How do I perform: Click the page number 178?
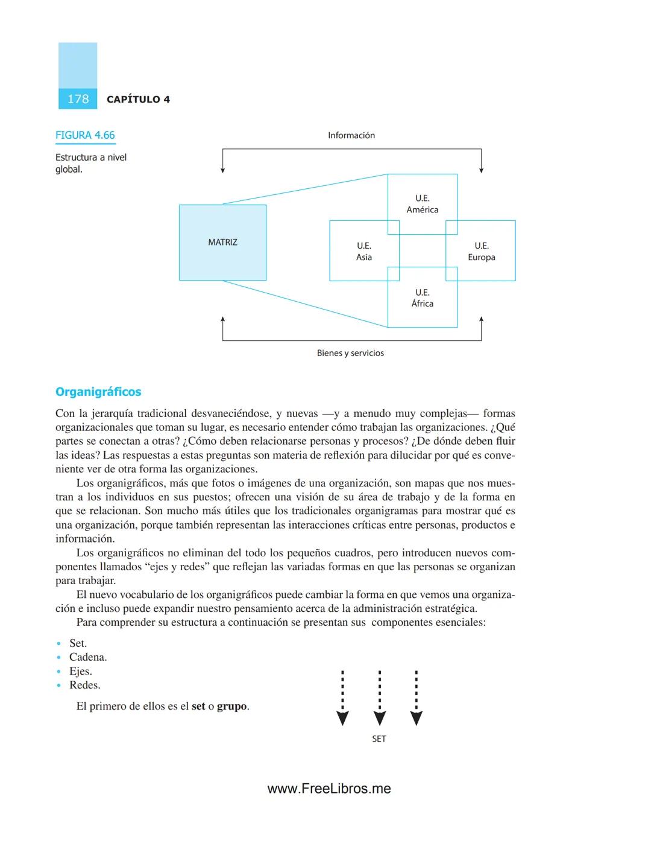[78, 99]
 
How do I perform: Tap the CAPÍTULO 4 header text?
[138, 100]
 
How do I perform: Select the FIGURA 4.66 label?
[85, 135]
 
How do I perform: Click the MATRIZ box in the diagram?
[222, 242]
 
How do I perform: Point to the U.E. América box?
[422, 203]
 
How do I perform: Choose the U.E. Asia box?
[363, 251]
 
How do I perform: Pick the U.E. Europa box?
[481, 251]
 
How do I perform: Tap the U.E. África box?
[422, 297]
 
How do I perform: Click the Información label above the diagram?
[351, 135]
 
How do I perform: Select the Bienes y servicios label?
[350, 353]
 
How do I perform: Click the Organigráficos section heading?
[98, 392]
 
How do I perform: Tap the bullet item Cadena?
[88, 657]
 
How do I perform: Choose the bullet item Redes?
[85, 685]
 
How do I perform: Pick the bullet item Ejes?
[81, 671]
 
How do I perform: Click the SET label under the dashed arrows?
[379, 739]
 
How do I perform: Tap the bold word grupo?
[232, 706]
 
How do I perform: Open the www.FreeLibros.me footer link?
[329, 789]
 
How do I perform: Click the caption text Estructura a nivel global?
[90, 163]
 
